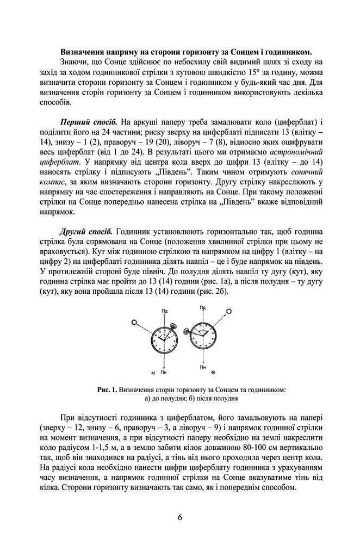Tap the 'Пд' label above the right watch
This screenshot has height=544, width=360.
pos(202,308)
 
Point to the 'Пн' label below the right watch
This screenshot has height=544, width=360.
pos(202,368)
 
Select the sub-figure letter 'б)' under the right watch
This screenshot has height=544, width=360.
pos(213,372)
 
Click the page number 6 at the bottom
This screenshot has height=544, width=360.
pos(179,517)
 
